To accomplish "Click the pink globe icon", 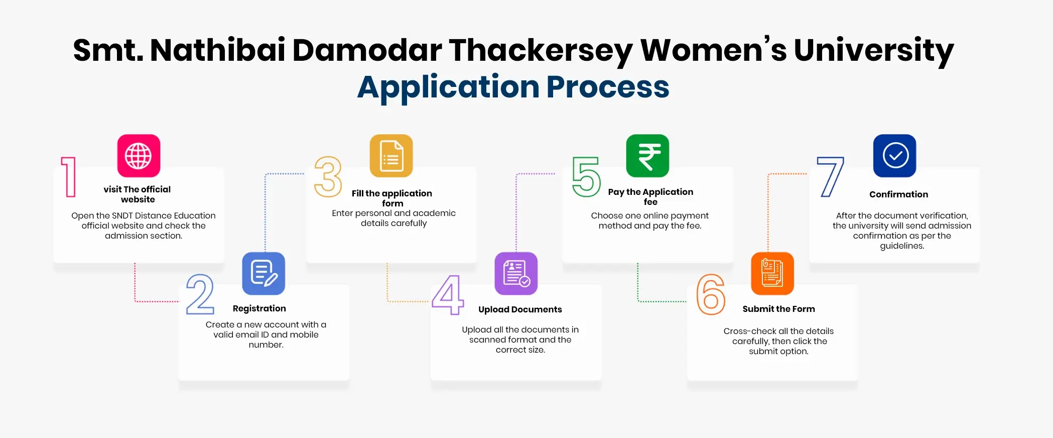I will click(x=139, y=156).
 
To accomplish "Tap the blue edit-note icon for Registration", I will click(x=264, y=273).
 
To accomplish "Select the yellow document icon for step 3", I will click(x=391, y=156).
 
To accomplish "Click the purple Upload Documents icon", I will click(x=516, y=273).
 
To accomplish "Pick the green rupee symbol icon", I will click(x=647, y=156).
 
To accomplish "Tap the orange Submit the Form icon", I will click(x=772, y=273).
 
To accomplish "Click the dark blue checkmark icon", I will click(x=894, y=156).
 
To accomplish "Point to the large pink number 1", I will click(x=69, y=177).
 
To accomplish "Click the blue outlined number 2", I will click(x=200, y=294).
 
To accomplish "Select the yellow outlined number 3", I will click(x=328, y=177).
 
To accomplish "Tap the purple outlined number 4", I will click(x=448, y=295).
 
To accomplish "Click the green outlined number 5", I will click(x=586, y=177).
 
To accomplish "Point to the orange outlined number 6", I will click(x=711, y=294).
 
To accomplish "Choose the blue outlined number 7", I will click(x=831, y=177).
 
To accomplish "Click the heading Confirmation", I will click(x=898, y=194).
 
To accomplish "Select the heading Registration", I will click(x=259, y=308).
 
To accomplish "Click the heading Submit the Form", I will click(x=778, y=309).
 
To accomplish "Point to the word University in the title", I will click(x=873, y=51).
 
